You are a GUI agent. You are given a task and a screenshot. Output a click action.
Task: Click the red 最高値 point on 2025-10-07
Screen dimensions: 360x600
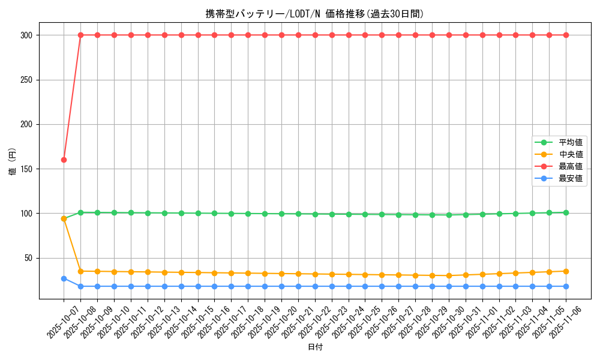point(64,160)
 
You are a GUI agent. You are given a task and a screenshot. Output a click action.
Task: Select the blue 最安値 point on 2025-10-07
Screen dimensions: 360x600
point(64,278)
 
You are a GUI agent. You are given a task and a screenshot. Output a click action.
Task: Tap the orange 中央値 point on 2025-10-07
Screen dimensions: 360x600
point(64,218)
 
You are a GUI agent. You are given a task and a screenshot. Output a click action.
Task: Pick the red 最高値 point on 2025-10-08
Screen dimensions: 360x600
point(80,35)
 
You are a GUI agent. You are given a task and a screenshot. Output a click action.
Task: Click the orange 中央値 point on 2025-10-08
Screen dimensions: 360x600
point(80,271)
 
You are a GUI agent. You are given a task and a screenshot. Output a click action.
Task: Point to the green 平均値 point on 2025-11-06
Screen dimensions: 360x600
point(566,212)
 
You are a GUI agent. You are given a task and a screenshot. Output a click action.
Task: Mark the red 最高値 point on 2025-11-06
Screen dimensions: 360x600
point(566,35)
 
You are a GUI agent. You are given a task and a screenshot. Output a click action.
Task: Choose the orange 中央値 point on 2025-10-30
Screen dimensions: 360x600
point(449,275)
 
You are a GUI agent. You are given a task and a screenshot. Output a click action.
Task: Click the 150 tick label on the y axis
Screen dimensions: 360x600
point(28,169)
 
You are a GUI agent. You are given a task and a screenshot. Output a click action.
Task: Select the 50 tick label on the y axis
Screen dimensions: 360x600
point(29,258)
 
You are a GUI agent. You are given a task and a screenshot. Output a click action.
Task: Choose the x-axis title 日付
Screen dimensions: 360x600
point(315,347)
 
